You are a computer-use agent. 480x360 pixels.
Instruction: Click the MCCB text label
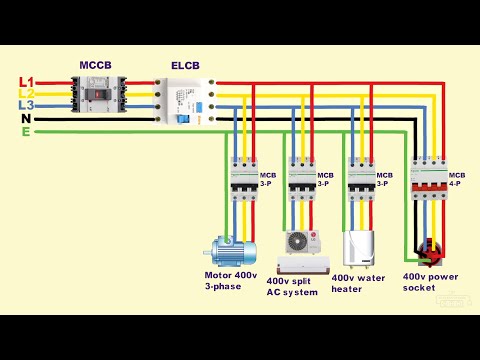coord(96,66)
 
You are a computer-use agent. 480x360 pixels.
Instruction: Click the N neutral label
coord(27,118)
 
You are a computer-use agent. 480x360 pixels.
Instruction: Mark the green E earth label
coord(26,131)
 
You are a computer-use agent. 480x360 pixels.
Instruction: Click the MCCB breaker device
coord(97,98)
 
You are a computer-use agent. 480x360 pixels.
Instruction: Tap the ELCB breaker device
coord(184,101)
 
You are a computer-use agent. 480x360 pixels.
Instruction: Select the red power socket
coord(431,251)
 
